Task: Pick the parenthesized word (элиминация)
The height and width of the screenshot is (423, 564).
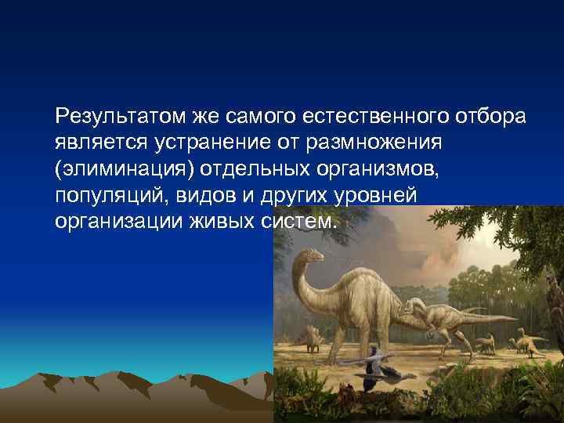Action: (x=125, y=169)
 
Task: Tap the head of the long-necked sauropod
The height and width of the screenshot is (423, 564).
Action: (x=310, y=255)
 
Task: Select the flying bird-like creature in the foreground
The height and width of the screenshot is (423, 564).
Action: (x=376, y=362)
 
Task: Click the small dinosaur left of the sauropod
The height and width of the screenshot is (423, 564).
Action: (x=313, y=338)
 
